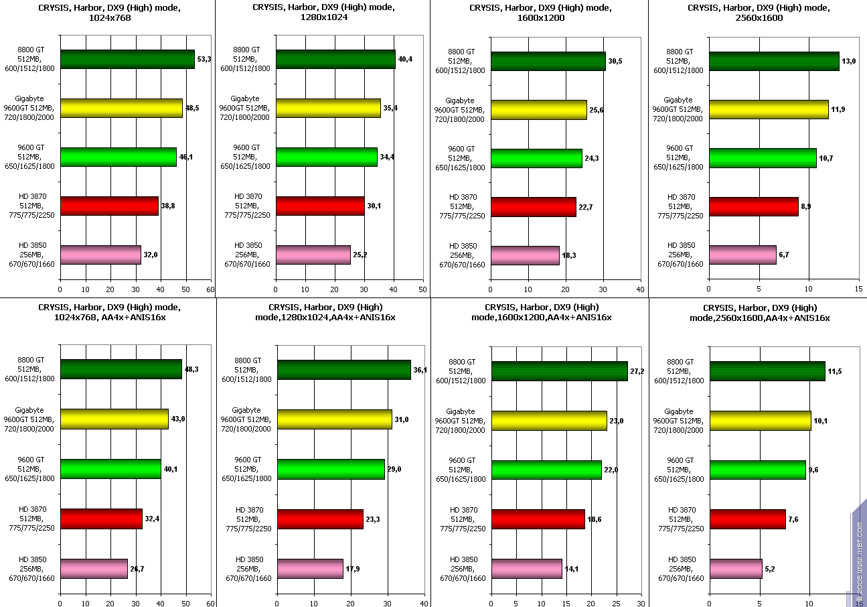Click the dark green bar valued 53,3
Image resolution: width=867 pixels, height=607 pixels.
click(127, 60)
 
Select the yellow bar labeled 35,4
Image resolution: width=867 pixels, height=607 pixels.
click(328, 108)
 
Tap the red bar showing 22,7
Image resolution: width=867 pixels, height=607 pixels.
click(533, 207)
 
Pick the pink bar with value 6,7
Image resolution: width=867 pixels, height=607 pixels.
click(742, 255)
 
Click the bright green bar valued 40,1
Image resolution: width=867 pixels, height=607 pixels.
click(110, 469)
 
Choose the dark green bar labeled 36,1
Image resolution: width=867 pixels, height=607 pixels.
click(344, 370)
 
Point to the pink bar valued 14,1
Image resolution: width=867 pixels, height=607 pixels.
click(526, 569)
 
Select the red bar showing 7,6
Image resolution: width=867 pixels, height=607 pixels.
click(748, 519)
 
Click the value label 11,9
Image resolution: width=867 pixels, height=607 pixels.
click(838, 110)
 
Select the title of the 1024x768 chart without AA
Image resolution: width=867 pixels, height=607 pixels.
click(109, 13)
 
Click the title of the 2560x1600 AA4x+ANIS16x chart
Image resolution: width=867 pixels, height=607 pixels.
click(759, 312)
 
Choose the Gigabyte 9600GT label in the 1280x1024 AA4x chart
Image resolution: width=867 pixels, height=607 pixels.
click(245, 419)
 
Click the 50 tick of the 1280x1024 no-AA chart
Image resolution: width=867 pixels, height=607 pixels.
click(422, 289)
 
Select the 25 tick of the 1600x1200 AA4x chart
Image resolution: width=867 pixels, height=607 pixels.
click(615, 602)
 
